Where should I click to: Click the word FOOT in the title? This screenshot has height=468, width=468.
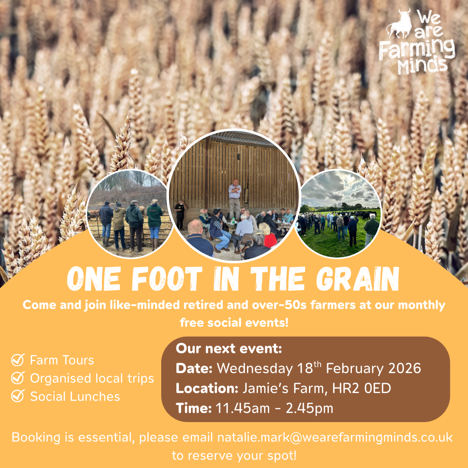coord(166,279)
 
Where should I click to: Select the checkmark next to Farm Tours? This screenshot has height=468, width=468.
coord(18,360)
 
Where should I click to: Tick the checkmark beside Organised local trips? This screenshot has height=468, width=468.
coord(18,378)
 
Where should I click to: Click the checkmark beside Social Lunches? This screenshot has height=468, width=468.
coord(18,396)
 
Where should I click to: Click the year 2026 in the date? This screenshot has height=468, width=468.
coord(405,368)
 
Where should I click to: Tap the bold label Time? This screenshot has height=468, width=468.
coord(194,408)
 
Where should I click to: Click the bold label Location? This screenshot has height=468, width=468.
coord(207,388)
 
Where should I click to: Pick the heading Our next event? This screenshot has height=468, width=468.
coord(229,349)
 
